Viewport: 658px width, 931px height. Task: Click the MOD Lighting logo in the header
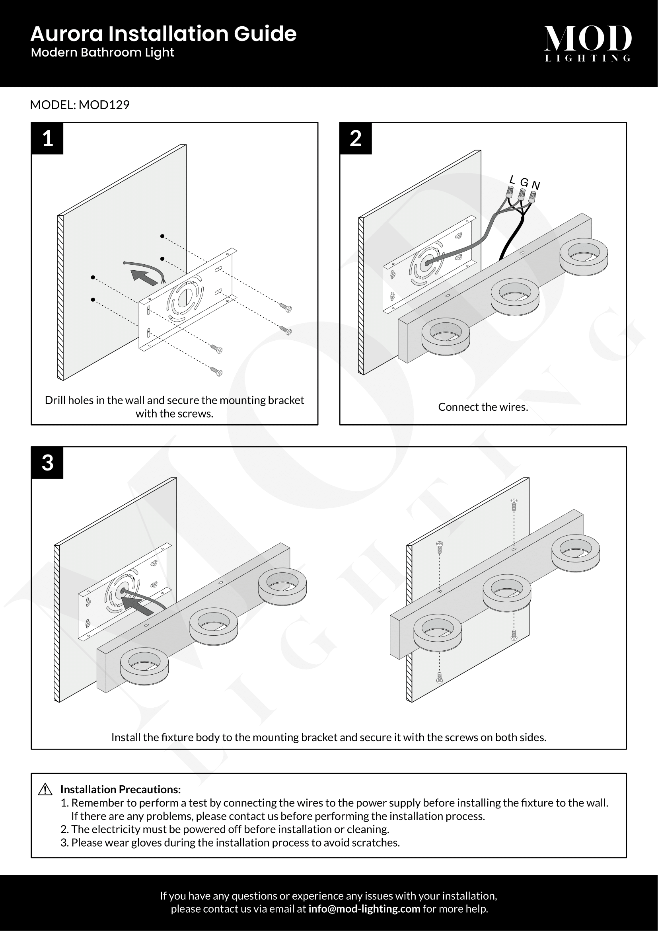[x=588, y=43]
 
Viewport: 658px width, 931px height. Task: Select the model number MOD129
[x=104, y=105]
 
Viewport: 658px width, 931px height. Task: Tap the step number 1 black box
[x=47, y=139]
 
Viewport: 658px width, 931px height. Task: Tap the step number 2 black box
[x=355, y=139]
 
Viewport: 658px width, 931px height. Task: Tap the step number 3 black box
[x=47, y=463]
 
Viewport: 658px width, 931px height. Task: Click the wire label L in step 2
[x=512, y=180]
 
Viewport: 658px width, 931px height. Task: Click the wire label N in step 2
[x=535, y=185]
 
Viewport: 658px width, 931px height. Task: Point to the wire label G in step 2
[x=524, y=182]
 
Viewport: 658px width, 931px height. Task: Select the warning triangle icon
[x=45, y=789]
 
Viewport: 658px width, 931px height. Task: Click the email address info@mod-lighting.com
[x=364, y=909]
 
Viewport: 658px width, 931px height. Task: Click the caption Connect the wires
[x=483, y=407]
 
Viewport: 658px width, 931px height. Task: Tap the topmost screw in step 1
[x=286, y=308]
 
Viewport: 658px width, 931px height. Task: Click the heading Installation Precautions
[x=120, y=789]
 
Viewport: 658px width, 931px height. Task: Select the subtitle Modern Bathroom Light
[x=103, y=53]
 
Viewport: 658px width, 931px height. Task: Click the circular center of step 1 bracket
[x=185, y=299]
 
